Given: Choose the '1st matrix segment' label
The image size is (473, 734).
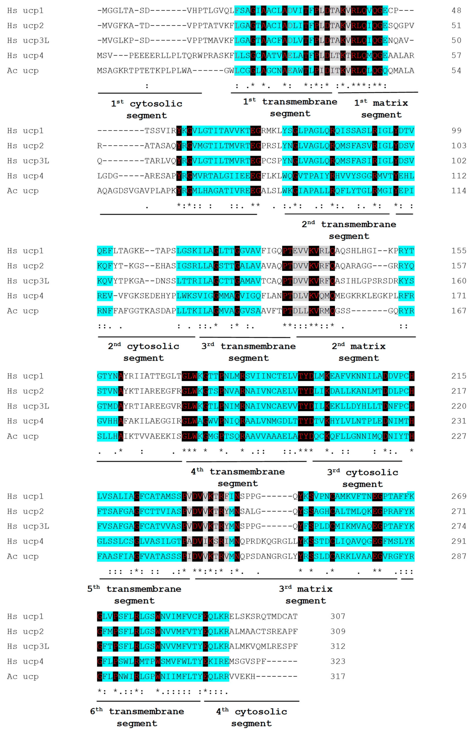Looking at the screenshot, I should pos(381,109).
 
